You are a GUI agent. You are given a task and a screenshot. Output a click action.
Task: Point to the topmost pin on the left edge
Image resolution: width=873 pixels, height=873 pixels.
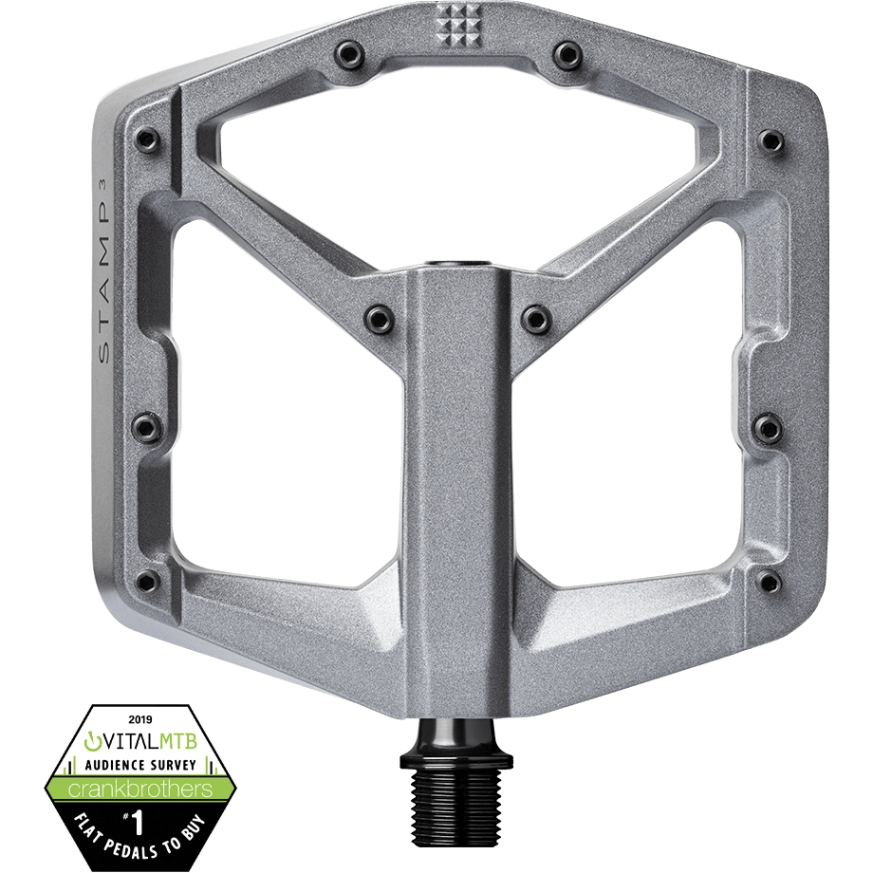144,135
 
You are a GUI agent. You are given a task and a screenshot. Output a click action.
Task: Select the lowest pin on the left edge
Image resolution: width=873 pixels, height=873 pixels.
144,581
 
